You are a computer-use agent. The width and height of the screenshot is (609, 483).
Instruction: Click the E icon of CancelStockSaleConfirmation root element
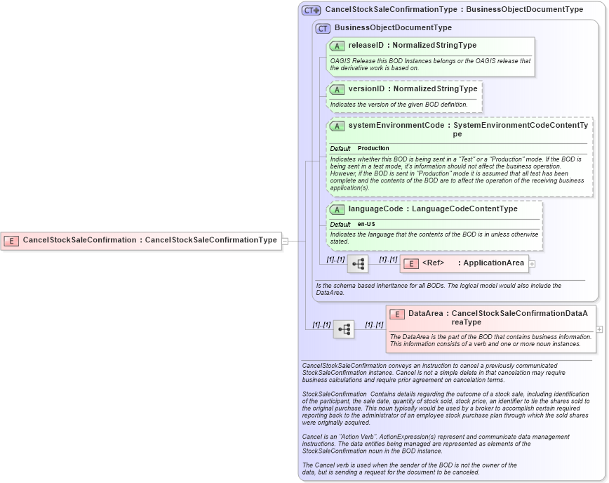[x=11, y=240]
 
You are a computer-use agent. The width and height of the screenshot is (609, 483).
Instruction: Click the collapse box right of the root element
[x=285, y=240]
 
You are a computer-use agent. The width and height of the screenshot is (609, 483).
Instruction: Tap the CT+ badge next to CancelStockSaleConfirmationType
[x=311, y=10]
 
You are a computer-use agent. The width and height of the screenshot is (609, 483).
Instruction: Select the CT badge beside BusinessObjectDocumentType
[x=323, y=28]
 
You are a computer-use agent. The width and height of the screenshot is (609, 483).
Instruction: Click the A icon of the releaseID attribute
[x=337, y=46]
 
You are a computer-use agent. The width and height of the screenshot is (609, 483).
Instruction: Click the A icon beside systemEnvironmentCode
[x=337, y=126]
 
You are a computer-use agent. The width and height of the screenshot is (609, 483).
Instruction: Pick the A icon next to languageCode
[x=337, y=209]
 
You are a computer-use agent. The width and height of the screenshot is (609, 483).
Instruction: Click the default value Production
[x=373, y=149]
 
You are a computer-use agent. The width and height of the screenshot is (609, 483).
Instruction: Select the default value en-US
[x=366, y=224]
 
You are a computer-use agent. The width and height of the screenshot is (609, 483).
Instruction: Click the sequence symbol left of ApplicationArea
[x=358, y=264]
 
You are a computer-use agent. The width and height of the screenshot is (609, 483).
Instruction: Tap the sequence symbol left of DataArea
[x=344, y=329]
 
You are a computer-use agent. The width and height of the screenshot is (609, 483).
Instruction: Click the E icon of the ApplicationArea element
[x=411, y=263]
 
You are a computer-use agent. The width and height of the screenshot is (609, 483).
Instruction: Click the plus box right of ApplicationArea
[x=532, y=264]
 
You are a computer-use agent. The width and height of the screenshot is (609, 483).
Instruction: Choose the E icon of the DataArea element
[x=397, y=314]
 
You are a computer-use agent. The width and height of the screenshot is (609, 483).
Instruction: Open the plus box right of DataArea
[x=599, y=329]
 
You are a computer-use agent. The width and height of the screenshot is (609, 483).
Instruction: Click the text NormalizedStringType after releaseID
[x=434, y=46]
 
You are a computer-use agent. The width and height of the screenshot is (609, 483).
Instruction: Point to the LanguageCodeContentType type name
[x=464, y=209]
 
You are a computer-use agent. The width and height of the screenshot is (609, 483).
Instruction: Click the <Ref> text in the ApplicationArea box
[x=432, y=263]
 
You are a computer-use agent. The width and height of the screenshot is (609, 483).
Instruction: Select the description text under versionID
[x=399, y=105]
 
